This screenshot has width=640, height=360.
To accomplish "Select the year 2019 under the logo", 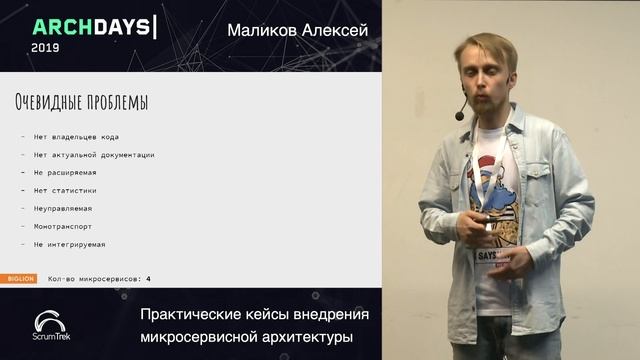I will (45, 47).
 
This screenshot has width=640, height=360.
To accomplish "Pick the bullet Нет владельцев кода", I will (82, 137).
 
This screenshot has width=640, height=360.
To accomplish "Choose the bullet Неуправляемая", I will (63, 208).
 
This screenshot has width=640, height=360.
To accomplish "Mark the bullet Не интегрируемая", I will (69, 244).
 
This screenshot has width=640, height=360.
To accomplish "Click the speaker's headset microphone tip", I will (460, 117).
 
